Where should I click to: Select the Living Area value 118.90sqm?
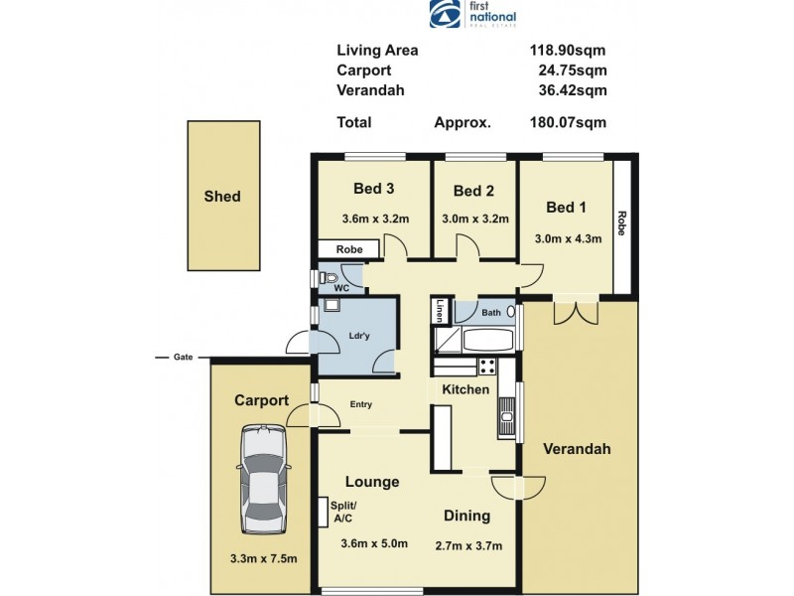[567, 50]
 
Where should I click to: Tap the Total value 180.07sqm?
[567, 123]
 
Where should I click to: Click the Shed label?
[221, 197]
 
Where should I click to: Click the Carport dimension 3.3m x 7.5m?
[262, 558]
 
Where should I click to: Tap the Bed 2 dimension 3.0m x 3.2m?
[474, 220]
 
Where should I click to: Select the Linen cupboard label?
[438, 313]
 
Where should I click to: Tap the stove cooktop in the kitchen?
[485, 366]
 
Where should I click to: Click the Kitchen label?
[466, 389]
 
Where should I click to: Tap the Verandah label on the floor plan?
[577, 449]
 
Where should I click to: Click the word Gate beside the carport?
[183, 357]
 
